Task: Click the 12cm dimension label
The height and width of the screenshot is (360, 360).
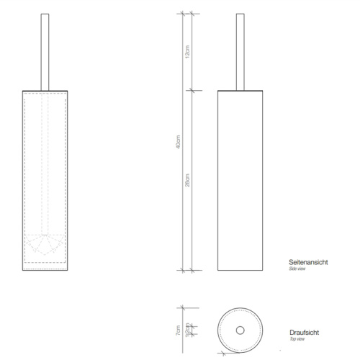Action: tap(187, 51)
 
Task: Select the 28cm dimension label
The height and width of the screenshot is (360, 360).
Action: tap(187, 179)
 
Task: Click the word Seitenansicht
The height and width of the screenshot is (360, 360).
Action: tap(308, 262)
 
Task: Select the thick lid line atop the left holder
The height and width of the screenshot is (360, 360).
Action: tap(47, 90)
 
